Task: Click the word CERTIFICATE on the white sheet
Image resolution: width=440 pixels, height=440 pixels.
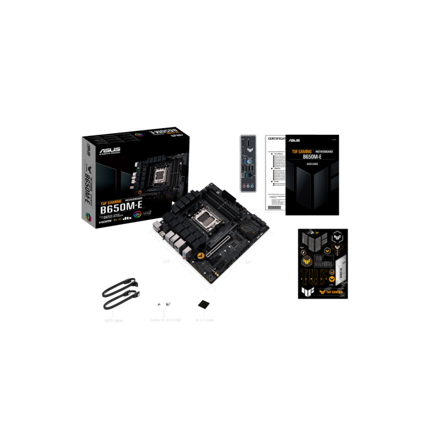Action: tap(276, 140)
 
